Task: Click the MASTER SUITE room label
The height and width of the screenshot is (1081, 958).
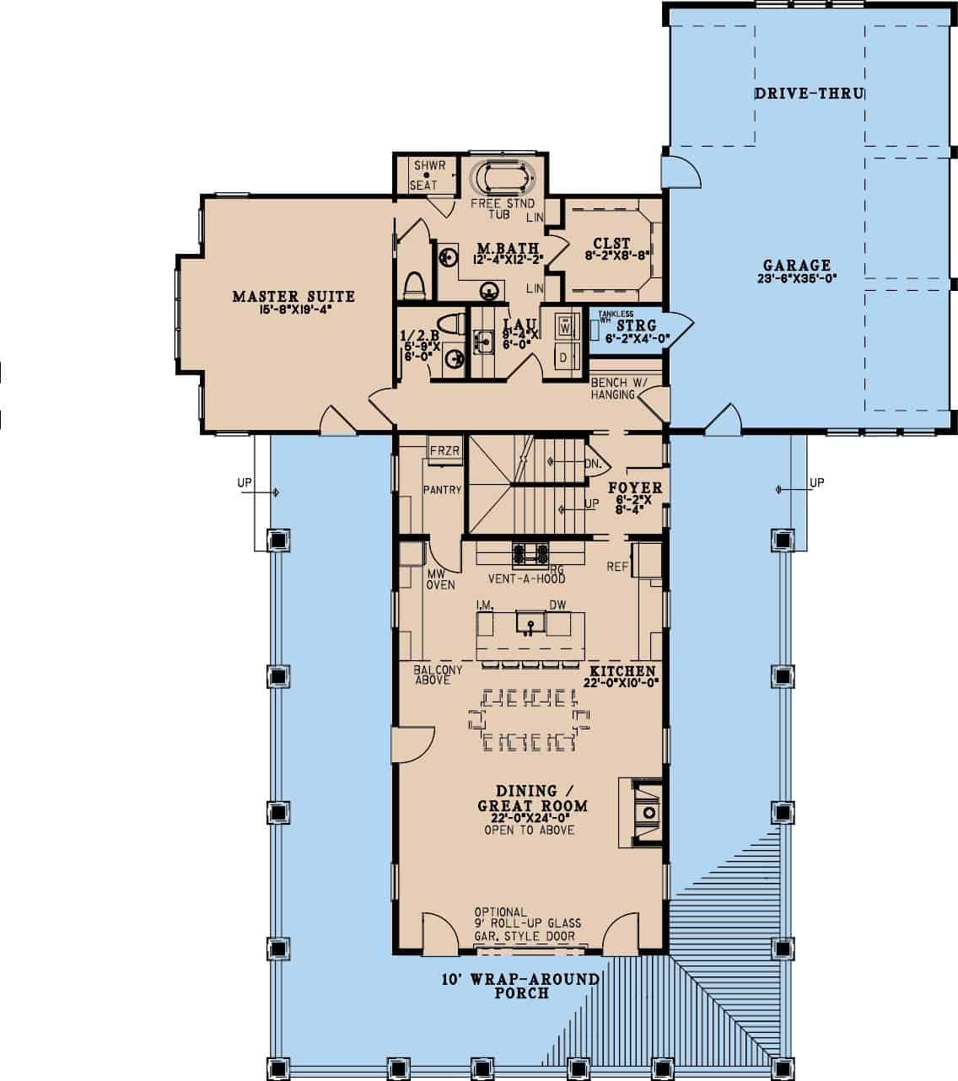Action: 293,297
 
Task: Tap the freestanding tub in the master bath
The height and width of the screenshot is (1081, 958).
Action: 503,179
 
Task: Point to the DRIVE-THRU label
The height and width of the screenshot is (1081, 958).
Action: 808,94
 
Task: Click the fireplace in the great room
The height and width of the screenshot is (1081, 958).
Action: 648,811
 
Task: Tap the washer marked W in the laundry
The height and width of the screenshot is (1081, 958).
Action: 566,324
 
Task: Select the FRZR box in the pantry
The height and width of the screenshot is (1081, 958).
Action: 444,451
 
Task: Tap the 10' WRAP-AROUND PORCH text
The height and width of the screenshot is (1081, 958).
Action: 520,986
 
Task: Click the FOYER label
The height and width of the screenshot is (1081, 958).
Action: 635,488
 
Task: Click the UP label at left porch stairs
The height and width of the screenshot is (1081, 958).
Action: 245,483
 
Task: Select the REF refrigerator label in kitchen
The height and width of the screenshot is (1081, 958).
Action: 616,567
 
